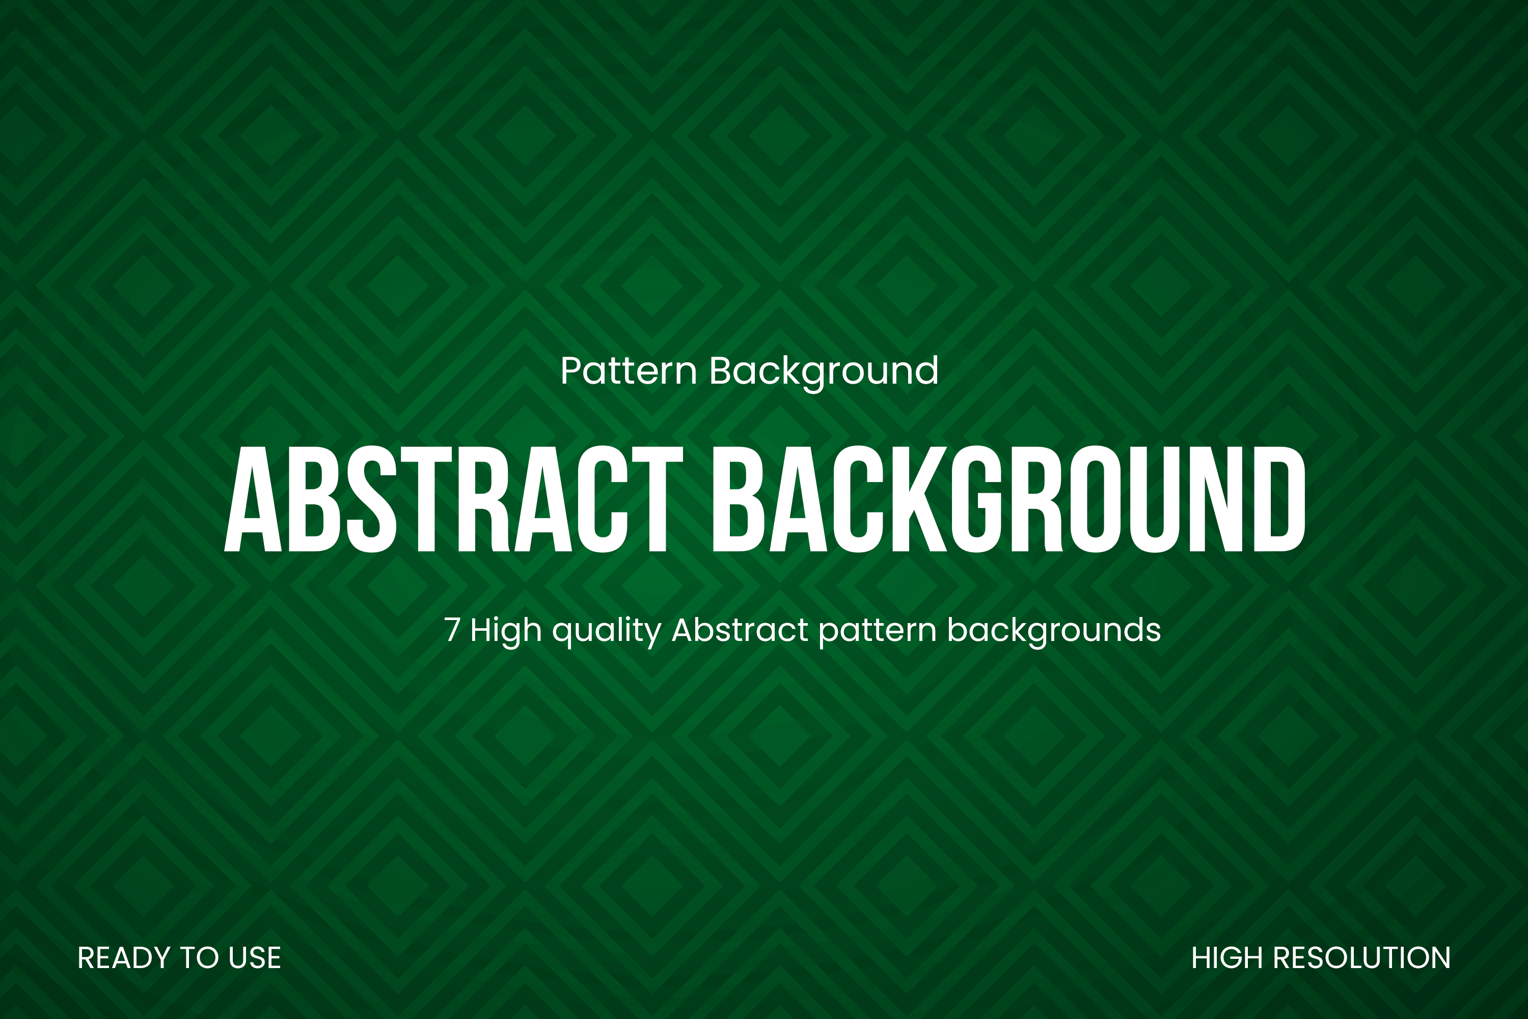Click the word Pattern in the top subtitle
[628, 370]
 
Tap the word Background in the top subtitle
[824, 373]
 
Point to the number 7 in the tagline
[452, 630]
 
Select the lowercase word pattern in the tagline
[878, 632]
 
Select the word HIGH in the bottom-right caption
[1228, 958]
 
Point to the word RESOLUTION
[1361, 958]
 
